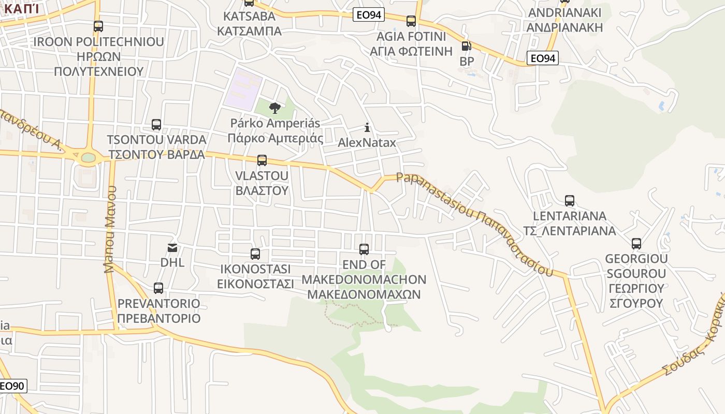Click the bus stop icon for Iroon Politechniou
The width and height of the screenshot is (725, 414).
(x=98, y=26)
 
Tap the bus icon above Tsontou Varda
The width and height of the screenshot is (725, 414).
(x=156, y=124)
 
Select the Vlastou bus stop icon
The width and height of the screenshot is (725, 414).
(x=262, y=160)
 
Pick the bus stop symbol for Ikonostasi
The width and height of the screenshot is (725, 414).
(x=255, y=254)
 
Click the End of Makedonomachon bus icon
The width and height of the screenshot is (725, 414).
(x=364, y=249)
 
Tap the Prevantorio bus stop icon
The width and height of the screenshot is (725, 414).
(x=158, y=288)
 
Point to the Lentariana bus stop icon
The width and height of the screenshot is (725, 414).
(x=570, y=201)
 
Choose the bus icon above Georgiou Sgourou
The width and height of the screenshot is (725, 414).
(x=636, y=243)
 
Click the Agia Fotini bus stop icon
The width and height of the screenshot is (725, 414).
(x=411, y=21)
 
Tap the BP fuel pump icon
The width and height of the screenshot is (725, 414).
(x=466, y=46)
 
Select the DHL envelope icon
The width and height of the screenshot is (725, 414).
(x=172, y=248)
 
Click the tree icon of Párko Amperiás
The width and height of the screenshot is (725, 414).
(x=275, y=108)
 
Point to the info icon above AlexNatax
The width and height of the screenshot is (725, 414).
(x=367, y=127)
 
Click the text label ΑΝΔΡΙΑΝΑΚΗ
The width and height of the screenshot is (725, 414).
(x=565, y=27)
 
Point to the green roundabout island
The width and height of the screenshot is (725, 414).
(x=89, y=157)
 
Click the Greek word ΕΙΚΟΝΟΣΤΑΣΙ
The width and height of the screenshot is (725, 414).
(x=255, y=284)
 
